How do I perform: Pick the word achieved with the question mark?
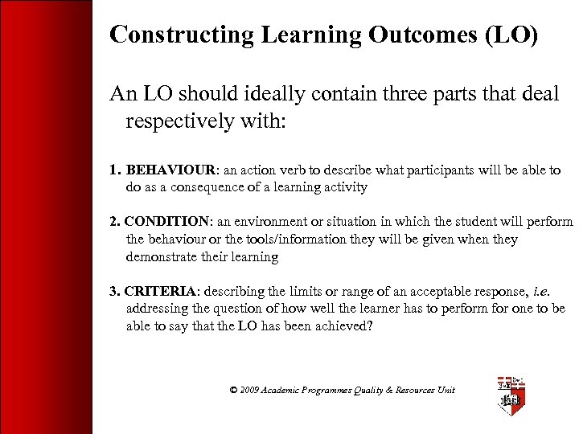pyautogui.click(x=343, y=325)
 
